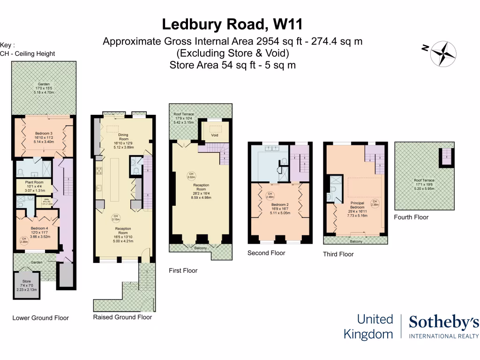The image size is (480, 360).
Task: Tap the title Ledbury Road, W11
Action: (232, 23)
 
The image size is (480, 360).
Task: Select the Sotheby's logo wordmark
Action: (443, 322)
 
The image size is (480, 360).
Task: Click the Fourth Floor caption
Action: (411, 217)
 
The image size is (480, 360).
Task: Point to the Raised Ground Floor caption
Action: (122, 317)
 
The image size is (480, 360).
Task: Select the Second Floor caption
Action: (266, 253)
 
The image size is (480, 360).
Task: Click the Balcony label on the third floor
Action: (356, 241)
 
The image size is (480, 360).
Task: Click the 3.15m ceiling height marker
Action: (115, 217)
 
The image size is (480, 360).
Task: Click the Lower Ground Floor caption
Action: (40, 318)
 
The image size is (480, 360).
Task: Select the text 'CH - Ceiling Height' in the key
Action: (28, 53)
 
